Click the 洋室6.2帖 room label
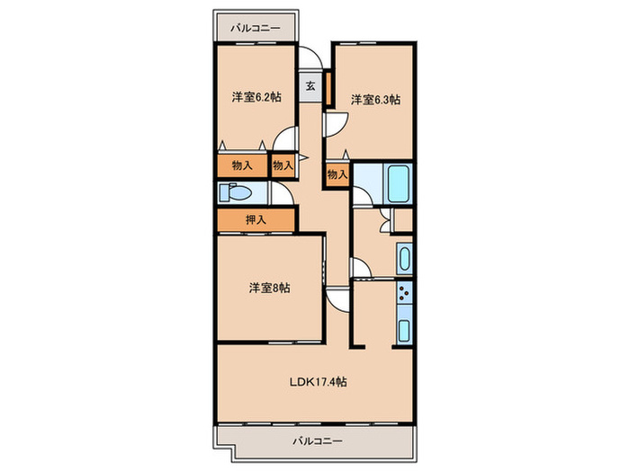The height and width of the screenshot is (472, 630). click(x=256, y=97)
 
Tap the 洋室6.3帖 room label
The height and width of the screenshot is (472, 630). click(x=375, y=100)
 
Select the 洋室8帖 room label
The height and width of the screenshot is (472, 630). click(x=270, y=288)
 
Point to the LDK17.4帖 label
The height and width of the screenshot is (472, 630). click(x=319, y=382)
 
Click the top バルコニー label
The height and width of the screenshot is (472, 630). click(x=256, y=29)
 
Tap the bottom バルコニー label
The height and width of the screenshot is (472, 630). click(x=318, y=441)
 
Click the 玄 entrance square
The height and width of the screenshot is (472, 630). click(x=310, y=86)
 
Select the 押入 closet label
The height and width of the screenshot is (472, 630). click(x=256, y=220)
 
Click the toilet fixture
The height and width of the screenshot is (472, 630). click(x=234, y=192)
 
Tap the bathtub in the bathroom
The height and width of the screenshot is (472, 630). click(x=398, y=183)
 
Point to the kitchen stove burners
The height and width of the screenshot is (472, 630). click(x=404, y=292)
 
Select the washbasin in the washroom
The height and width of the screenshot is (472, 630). click(x=404, y=259)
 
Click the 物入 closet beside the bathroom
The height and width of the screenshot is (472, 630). click(x=337, y=174)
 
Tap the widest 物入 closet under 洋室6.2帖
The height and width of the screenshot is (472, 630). click(x=242, y=165)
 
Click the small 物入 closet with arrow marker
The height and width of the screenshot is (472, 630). click(x=283, y=165)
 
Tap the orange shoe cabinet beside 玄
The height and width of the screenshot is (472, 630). click(x=328, y=88)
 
